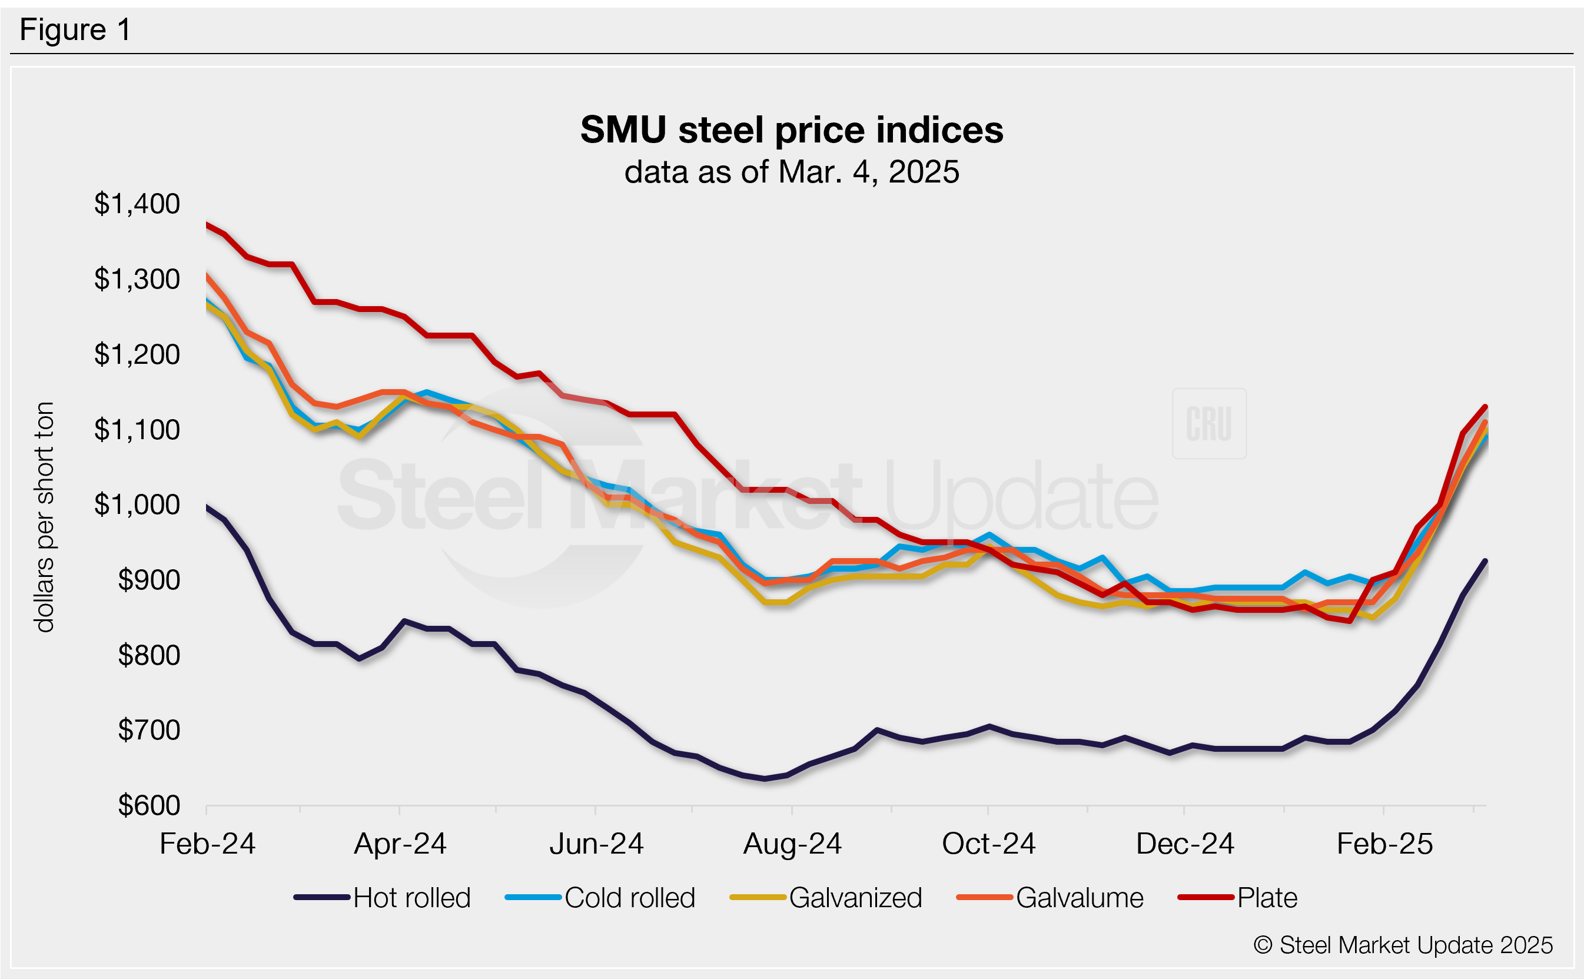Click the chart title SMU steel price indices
791,130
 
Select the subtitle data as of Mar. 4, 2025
791,172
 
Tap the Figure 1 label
75,30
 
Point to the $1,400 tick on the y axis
137,204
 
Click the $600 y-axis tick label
149,805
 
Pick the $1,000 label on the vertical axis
137,505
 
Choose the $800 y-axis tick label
149,655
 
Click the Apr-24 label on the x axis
400,844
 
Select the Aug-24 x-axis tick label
792,844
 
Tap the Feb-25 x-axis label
1384,844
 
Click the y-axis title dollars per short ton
44,517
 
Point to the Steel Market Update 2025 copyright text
1403,945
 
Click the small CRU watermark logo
1208,424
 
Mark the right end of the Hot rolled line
1486,560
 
